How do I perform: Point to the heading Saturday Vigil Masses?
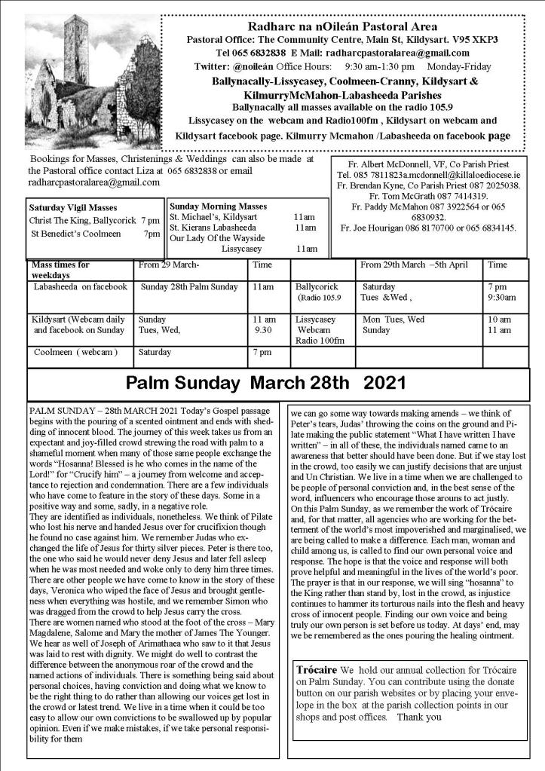72,207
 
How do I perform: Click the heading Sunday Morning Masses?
213,205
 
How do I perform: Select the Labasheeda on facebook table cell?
80,287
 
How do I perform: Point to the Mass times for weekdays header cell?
60,269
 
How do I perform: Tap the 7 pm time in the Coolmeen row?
262,352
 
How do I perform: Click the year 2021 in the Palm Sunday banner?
384,384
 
